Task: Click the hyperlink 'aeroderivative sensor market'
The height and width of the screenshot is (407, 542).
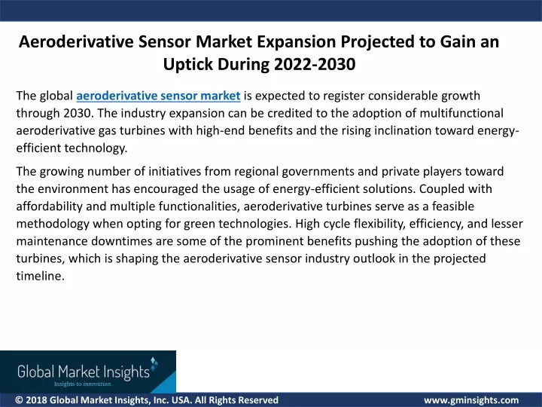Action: (x=158, y=96)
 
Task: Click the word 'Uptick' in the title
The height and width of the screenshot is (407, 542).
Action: (x=187, y=65)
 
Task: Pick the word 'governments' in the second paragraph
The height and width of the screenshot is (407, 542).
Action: (x=330, y=172)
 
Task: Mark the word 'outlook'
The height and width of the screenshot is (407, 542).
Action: (x=374, y=259)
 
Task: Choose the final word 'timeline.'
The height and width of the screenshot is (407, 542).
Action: (x=41, y=276)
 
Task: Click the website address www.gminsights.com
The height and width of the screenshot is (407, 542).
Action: (x=471, y=400)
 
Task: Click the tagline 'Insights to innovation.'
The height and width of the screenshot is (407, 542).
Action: (x=83, y=384)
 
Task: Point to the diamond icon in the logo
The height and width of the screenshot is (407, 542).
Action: (x=154, y=363)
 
